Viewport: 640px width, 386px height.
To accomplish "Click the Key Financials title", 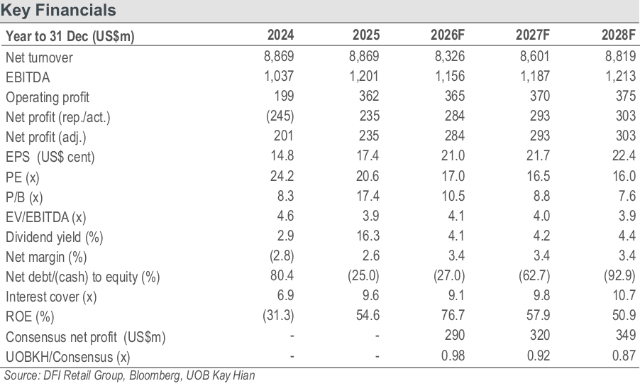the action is [x=58, y=10].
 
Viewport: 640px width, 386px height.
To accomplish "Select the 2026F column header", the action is [x=447, y=35].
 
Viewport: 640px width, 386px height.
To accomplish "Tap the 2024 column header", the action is [x=280, y=35].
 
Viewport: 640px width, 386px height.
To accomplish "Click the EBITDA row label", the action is [x=28, y=77].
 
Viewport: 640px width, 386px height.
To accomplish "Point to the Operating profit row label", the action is [x=48, y=97].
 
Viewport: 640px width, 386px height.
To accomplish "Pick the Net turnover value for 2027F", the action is [x=534, y=56].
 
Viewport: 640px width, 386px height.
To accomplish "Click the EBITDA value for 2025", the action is [x=364, y=76].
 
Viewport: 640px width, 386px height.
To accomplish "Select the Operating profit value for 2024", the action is [x=284, y=96].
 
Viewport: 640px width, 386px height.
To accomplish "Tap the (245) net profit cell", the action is [x=280, y=116].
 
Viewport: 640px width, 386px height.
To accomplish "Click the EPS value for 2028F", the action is [x=624, y=155].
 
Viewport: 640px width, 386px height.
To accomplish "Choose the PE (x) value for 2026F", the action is [x=453, y=176].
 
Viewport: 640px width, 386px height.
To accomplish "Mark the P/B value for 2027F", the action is [x=541, y=196].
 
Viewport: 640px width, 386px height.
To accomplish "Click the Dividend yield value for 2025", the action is [x=368, y=236].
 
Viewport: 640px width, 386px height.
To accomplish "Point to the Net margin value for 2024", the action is [x=282, y=255].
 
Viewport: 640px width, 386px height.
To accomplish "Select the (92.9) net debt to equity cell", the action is [x=619, y=275].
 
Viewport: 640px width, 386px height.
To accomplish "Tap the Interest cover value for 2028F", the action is [x=624, y=295].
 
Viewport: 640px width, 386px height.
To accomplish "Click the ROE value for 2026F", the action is [x=453, y=315].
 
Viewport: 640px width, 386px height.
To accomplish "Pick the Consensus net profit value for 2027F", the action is [x=539, y=335].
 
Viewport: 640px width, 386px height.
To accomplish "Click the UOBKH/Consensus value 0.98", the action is [x=453, y=355].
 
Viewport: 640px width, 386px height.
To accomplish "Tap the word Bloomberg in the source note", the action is [x=156, y=375].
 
